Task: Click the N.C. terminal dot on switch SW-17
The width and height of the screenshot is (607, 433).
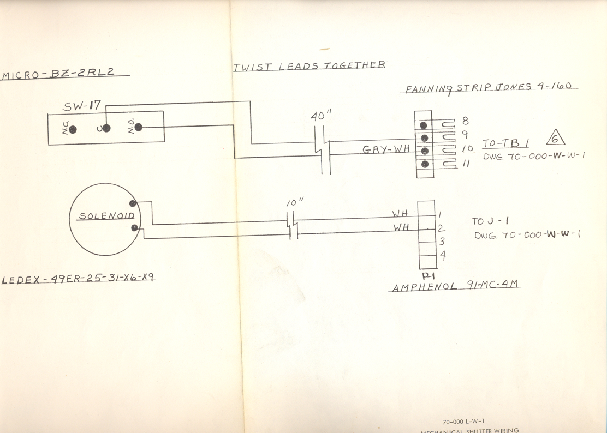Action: pyautogui.click(x=73, y=130)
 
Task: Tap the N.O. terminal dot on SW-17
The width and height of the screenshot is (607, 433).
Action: pyautogui.click(x=139, y=127)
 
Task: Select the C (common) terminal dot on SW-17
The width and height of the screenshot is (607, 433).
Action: pyautogui.click(x=106, y=128)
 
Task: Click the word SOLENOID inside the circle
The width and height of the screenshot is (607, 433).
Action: pyautogui.click(x=107, y=216)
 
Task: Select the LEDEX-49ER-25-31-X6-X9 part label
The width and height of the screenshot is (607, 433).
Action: pyautogui.click(x=78, y=279)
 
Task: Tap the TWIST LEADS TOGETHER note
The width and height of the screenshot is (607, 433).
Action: pyautogui.click(x=309, y=65)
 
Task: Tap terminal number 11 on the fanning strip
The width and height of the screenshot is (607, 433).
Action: pyautogui.click(x=467, y=163)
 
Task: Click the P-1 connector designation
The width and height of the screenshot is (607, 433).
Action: pyautogui.click(x=429, y=276)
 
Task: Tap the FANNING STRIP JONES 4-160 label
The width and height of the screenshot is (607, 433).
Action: pyautogui.click(x=489, y=88)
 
